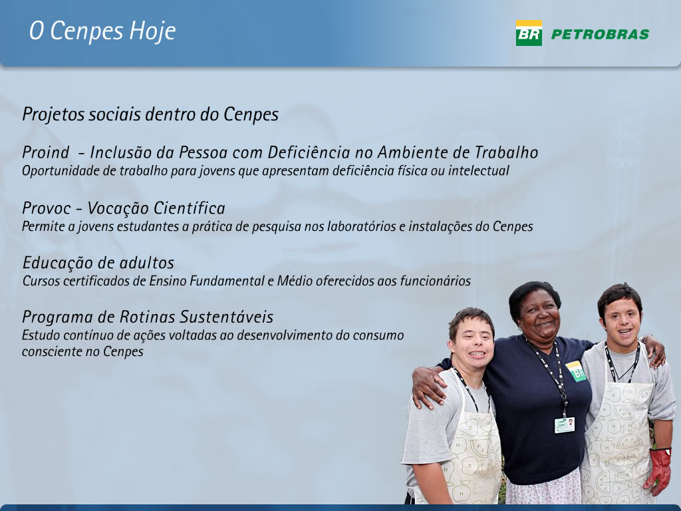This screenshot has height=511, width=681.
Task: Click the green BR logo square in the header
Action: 529,33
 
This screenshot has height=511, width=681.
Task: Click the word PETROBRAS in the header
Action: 601,35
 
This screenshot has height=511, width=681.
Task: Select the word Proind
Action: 46,152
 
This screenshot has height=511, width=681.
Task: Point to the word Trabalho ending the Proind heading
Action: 506,152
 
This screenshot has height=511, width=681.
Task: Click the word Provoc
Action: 46,208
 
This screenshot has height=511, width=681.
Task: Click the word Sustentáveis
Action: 227,317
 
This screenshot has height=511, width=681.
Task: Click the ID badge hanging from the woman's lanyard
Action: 565,425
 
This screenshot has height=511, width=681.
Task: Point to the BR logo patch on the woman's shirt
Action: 576,371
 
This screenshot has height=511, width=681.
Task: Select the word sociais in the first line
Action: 114,114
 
